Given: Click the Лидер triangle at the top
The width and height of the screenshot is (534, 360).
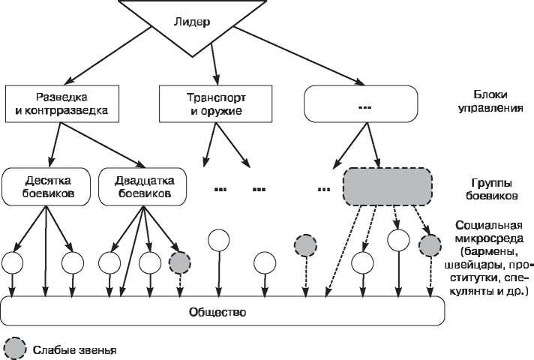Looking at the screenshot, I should click(200, 26).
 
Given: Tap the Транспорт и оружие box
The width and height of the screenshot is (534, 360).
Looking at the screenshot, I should click(216, 104).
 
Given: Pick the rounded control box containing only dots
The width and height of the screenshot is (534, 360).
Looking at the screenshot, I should click(361, 104).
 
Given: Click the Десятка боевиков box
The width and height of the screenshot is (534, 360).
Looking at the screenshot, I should click(46, 187).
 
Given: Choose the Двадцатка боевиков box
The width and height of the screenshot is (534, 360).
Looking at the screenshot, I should click(144, 187).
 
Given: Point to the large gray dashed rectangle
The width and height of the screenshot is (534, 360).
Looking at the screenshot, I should click(388, 187).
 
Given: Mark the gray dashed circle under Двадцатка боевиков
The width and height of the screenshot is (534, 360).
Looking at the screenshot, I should click(179, 262).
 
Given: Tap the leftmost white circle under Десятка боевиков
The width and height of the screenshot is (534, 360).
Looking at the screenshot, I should click(13, 262).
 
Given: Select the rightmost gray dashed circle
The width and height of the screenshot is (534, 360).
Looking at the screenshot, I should click(429, 246).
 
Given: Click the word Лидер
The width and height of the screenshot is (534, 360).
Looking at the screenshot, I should click(200, 22).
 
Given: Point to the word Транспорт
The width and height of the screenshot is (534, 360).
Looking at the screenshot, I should click(216, 98).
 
